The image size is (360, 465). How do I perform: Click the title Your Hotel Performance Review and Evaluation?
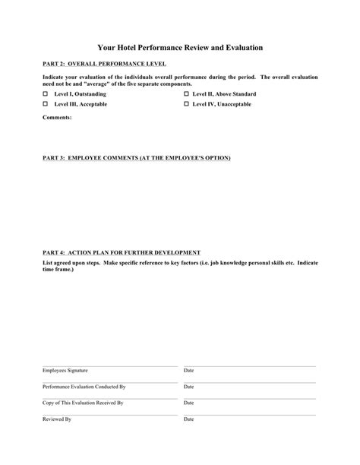tap(180, 47)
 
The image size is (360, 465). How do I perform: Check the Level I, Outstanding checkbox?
tap(45, 93)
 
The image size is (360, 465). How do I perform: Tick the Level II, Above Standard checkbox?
tap(186, 93)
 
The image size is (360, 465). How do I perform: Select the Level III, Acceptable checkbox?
tap(45, 103)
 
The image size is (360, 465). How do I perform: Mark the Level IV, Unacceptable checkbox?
tap(186, 103)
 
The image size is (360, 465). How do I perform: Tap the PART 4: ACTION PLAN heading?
tap(121, 251)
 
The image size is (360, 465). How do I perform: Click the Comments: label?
tap(57, 119)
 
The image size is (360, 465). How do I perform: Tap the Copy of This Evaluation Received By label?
tap(82, 403)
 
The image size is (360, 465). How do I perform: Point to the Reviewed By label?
tap(56, 419)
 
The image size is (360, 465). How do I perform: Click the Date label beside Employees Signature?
tap(189, 370)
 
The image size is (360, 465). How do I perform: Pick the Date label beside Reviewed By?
tap(189, 419)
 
